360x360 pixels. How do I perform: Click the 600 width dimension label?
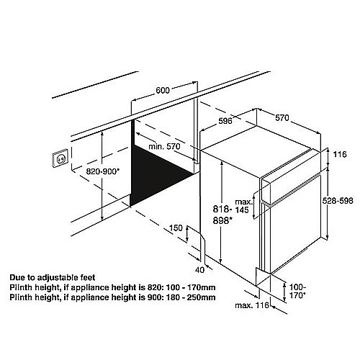click(163, 90)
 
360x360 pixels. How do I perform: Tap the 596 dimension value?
click(225, 121)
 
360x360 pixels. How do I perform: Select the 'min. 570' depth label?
click(164, 146)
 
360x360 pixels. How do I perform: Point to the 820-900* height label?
click(103, 171)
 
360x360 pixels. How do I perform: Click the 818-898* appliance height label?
click(222, 215)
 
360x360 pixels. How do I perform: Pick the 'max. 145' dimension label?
click(244, 206)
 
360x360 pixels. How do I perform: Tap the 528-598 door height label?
click(338, 200)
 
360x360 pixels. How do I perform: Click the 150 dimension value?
click(176, 228)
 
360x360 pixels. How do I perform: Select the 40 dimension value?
click(199, 270)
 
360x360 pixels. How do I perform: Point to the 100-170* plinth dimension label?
click(297, 291)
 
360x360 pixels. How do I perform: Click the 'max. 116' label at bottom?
click(252, 305)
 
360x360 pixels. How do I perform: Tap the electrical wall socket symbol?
click(60, 158)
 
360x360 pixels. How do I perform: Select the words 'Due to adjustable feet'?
click(53, 278)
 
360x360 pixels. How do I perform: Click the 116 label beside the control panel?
click(340, 154)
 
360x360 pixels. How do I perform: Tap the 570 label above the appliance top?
click(282, 117)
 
